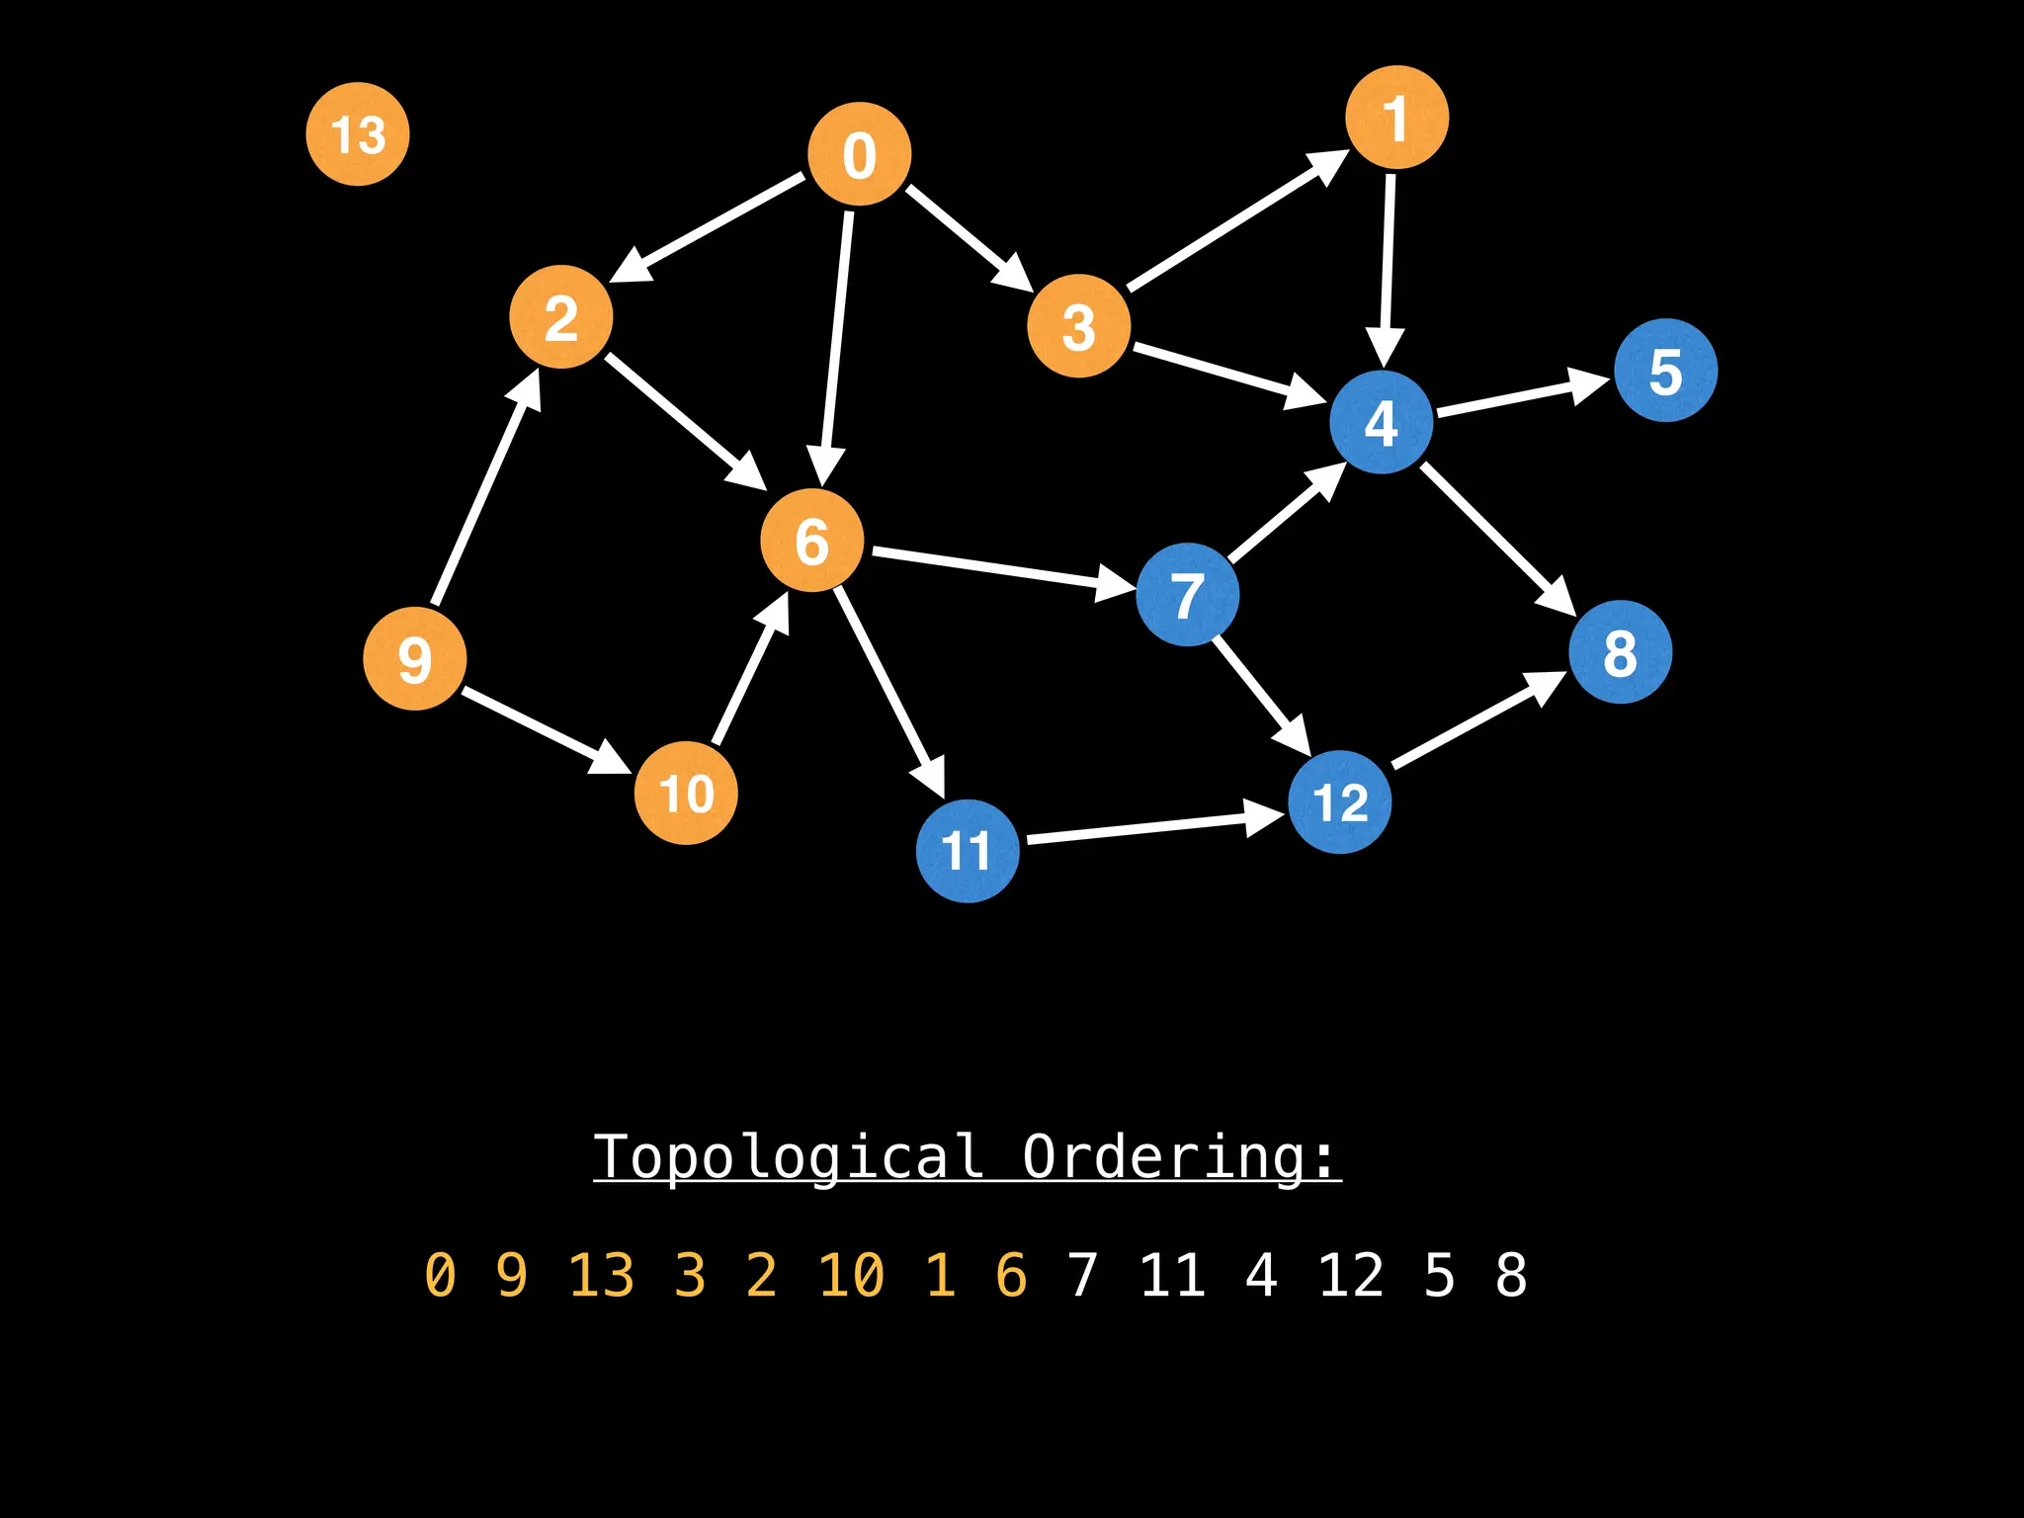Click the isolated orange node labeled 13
(358, 134)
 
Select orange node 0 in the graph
(859, 154)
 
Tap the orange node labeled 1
(1396, 118)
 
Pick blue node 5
(1665, 371)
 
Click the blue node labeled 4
(1381, 422)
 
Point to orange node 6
(811, 540)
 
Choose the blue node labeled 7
(1187, 594)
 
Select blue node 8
(1620, 652)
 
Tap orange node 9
(415, 658)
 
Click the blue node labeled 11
(968, 850)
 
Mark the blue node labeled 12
(1340, 801)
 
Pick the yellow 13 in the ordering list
(601, 1275)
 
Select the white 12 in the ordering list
(1350, 1275)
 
